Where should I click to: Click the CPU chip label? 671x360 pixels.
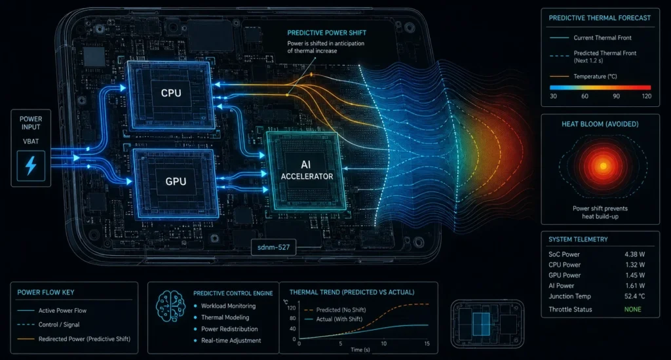pos(171,93)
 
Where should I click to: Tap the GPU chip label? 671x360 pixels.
pos(176,181)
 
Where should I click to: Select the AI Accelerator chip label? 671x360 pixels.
pos(307,170)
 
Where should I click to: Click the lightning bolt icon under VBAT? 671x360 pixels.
pos(31,166)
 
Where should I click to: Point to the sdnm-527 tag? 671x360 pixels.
pos(273,247)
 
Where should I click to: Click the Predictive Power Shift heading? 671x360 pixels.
pos(326,33)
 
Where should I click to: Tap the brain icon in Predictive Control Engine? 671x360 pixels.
pos(171,306)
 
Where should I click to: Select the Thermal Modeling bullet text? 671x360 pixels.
pos(225,317)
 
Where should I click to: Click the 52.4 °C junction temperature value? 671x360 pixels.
pos(634,296)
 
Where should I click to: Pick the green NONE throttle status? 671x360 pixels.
pos(632,310)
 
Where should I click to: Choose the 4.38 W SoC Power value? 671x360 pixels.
pos(634,254)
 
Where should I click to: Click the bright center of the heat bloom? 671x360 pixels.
pos(603,166)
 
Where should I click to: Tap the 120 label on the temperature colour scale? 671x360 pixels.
pos(647,96)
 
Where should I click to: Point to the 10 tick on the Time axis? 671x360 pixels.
pos(384,344)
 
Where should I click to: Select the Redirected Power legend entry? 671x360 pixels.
pos(73,339)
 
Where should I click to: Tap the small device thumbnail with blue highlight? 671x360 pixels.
pos(488,324)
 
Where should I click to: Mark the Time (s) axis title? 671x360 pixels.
pos(360,350)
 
